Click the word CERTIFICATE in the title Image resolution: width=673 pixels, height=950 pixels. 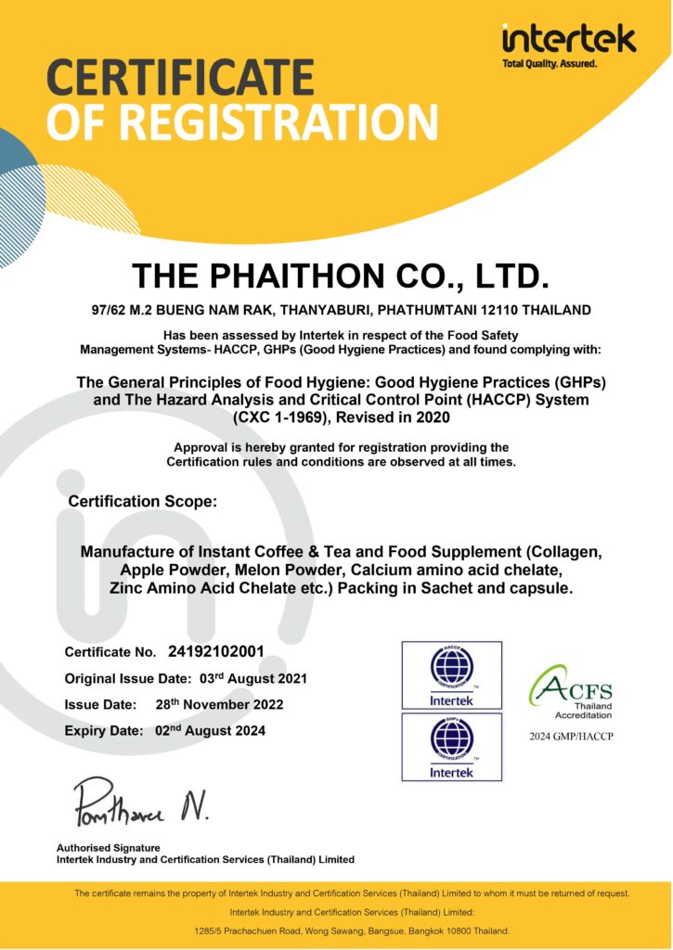pos(180,78)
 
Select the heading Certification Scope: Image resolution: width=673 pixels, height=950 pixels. pos(142,501)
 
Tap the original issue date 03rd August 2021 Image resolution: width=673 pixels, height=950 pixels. pos(253,678)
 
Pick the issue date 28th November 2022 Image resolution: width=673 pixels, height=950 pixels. pos(219,704)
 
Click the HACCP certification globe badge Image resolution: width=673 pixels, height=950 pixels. pos(451,674)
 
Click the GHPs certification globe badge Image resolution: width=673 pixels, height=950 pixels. pos(451,746)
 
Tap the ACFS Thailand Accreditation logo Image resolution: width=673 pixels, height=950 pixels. pos(570,691)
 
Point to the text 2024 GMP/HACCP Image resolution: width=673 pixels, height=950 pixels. pos(571,736)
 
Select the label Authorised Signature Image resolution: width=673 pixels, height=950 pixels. pos(108,847)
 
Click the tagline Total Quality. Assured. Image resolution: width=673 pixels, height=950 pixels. pos(550,64)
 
